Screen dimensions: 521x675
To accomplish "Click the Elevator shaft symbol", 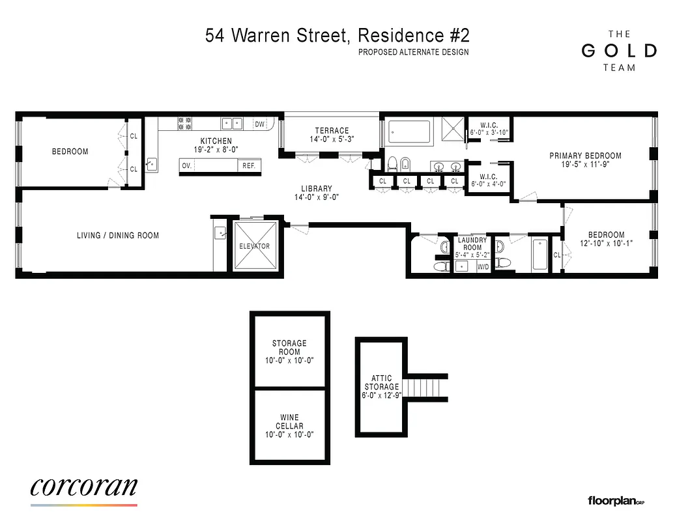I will coord(255,246).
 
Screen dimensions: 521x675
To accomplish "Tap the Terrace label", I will coord(332,131).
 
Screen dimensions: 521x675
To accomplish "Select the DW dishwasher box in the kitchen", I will coord(260,124).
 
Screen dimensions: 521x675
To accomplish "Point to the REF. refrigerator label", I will coord(249,165).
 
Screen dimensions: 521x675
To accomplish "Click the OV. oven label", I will coord(186,165).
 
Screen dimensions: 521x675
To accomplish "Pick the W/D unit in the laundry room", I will coord(483,267).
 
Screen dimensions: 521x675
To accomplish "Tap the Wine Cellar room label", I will coord(289,426).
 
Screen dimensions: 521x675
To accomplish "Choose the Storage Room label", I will coord(289,352).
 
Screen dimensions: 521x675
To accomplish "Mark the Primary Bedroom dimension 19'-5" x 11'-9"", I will coord(585,165).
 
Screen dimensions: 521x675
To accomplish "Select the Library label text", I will coord(317,189).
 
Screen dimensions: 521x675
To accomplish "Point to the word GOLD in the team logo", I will coord(618,51).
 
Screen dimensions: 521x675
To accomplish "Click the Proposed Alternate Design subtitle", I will coord(413,53).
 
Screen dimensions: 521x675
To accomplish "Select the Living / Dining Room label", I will coord(118,236).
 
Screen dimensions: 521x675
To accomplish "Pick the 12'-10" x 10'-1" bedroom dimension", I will coord(606,243).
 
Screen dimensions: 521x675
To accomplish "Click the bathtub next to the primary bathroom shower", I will coord(410,132).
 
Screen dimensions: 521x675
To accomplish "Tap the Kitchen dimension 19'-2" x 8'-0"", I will coord(216,149).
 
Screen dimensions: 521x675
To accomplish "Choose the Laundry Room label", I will coord(472,244).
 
